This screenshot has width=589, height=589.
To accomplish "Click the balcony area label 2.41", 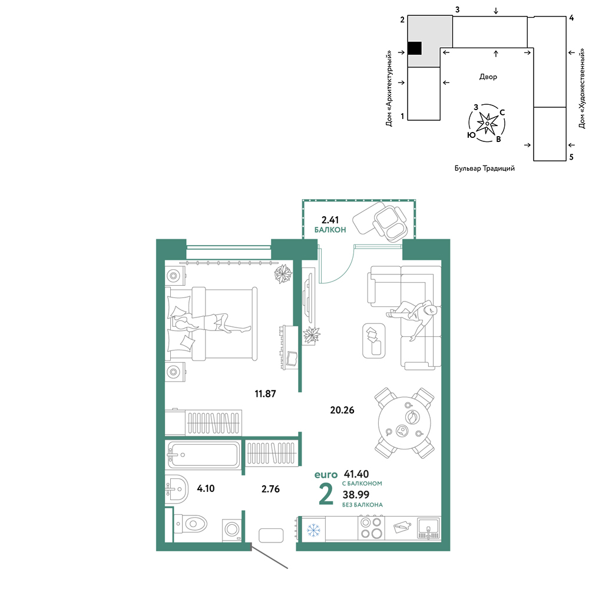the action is (330, 219).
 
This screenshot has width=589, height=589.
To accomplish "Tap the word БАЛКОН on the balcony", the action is (330, 230).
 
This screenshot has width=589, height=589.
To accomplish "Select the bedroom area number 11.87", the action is (265, 393).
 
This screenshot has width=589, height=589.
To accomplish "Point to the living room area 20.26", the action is (342, 410).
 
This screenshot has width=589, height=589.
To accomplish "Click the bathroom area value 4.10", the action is (206, 488).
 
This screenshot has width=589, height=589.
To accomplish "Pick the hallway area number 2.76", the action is (270, 489).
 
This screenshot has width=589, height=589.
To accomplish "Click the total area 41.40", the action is (356, 474).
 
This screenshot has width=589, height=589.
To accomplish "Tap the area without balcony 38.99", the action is (356, 494).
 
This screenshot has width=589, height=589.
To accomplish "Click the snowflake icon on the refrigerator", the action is (313, 530).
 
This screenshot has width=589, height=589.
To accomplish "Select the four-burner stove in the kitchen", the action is (371, 528).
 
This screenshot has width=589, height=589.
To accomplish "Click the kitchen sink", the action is (429, 528).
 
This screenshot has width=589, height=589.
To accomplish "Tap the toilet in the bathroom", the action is (190, 523).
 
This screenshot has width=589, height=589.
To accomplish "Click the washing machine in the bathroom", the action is (231, 530).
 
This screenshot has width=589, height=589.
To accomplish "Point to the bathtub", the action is (203, 455).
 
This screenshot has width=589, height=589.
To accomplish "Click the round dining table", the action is (405, 423).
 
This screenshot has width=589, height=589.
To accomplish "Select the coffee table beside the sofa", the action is (374, 340).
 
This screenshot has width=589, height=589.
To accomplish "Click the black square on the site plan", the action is (415, 48).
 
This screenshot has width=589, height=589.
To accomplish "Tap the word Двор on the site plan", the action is (488, 77).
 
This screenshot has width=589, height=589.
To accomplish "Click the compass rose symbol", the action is (487, 123).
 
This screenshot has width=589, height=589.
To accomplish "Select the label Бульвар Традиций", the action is (485, 168).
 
